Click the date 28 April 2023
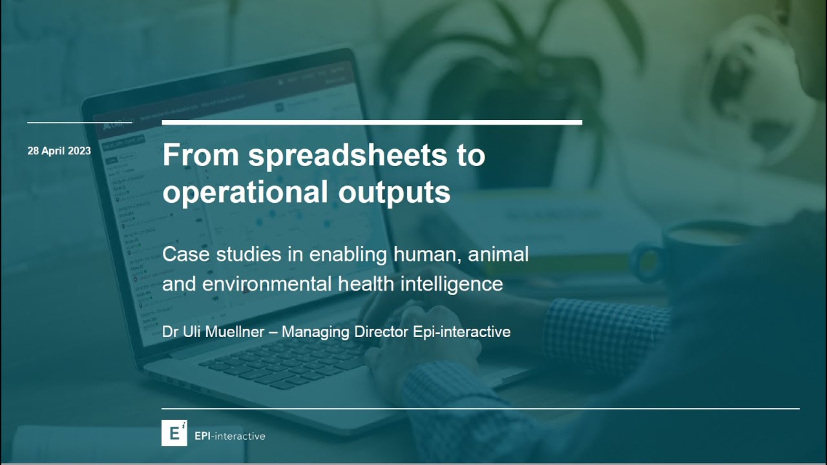pos(59,151)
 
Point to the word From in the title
pos(200,156)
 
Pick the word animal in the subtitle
pos(497,254)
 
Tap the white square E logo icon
pos(174,433)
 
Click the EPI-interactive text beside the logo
pos(230,436)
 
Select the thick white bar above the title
pos(372,122)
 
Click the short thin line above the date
pos(79,122)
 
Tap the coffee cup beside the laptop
pos(685,252)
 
